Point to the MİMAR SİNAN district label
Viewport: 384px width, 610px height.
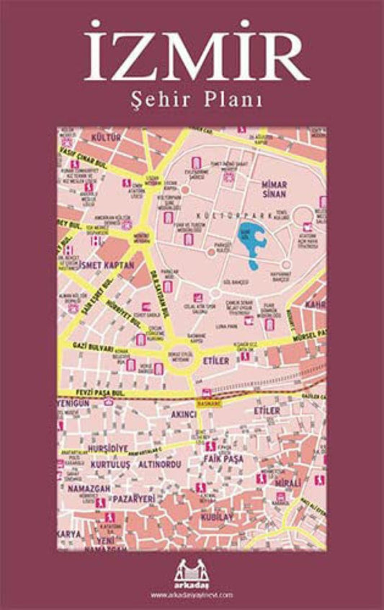coord(274,189)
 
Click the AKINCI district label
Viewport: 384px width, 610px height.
coord(181,415)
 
